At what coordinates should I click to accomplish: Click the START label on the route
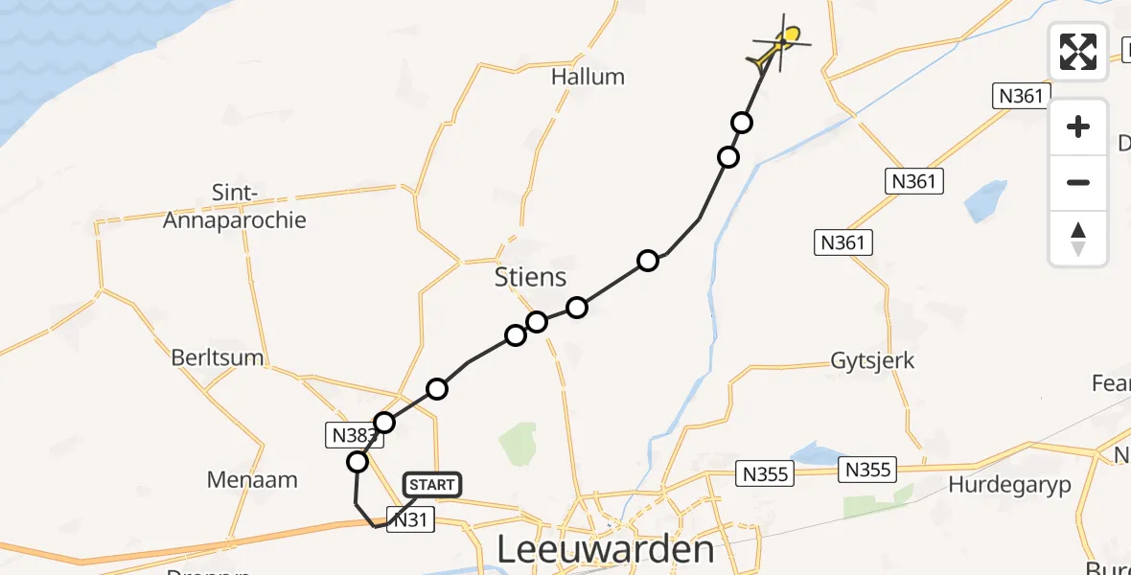431,485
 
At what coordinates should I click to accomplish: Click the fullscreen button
1078,52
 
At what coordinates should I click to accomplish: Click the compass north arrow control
1078,240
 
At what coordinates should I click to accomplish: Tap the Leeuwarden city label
607,550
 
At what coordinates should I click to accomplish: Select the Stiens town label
530,278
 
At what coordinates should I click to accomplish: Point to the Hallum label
588,77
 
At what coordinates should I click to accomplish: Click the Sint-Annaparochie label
235,207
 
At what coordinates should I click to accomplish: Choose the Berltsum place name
218,357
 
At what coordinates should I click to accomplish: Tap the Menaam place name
253,479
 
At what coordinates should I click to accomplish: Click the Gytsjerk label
872,361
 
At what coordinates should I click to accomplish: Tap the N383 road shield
350,436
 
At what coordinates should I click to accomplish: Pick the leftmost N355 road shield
764,471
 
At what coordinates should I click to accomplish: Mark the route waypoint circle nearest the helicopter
742,123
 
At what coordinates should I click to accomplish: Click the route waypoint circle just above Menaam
358,462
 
